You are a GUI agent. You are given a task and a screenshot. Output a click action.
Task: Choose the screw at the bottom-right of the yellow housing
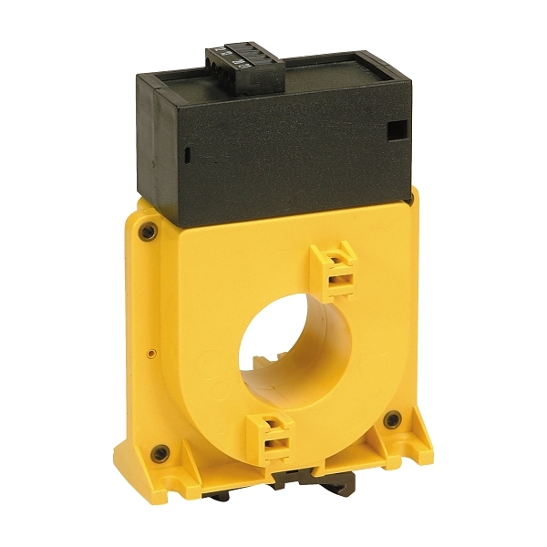coord(392,420)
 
